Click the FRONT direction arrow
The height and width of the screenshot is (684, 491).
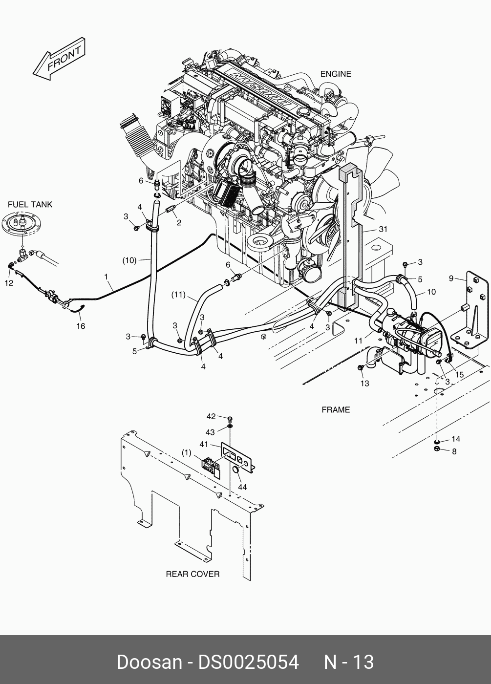coord(59,60)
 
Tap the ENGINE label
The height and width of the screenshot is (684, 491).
coord(336,74)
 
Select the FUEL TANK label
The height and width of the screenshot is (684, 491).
coord(30,205)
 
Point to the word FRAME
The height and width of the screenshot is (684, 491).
coord(336,410)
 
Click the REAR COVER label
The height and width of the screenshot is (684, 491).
coord(192,574)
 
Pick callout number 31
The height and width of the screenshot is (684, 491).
coord(383,229)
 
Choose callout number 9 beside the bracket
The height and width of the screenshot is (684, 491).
coord(451,279)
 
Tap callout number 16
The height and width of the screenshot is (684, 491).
coord(81,326)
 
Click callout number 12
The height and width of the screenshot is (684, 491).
coord(9,283)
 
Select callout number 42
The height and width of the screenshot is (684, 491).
coord(211,417)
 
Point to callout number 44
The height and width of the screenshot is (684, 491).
coord(242,487)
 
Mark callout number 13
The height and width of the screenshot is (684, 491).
coord(365,383)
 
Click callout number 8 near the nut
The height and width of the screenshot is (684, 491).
coord(454,451)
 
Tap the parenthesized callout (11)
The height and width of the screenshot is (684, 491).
coord(179,295)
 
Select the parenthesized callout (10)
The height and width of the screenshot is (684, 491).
coord(129,260)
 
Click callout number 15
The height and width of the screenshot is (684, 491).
coord(460,374)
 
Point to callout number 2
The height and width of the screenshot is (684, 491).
coord(179,223)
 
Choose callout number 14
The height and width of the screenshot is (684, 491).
coord(456,439)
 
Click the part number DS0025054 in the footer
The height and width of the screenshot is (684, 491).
coord(248,663)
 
